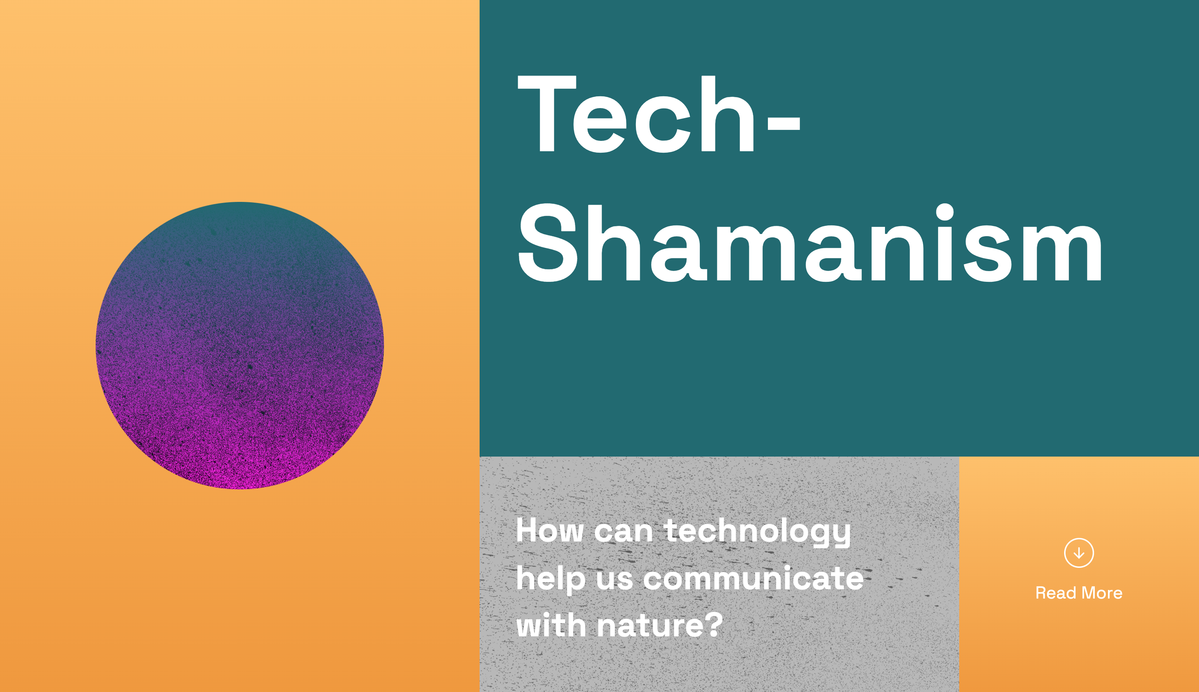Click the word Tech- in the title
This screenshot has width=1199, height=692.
click(x=659, y=114)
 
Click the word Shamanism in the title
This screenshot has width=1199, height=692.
click(x=810, y=243)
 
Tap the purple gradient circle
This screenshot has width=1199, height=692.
click(x=239, y=346)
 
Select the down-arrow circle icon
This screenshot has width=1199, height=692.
click(x=1079, y=553)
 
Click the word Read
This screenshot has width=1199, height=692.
click(x=1056, y=593)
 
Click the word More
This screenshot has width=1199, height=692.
click(x=1102, y=593)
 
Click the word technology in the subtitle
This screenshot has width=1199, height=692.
click(x=757, y=532)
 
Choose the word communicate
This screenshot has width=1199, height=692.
click(x=754, y=579)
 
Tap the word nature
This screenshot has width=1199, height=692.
click(x=649, y=626)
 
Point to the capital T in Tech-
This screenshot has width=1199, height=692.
click(x=547, y=114)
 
